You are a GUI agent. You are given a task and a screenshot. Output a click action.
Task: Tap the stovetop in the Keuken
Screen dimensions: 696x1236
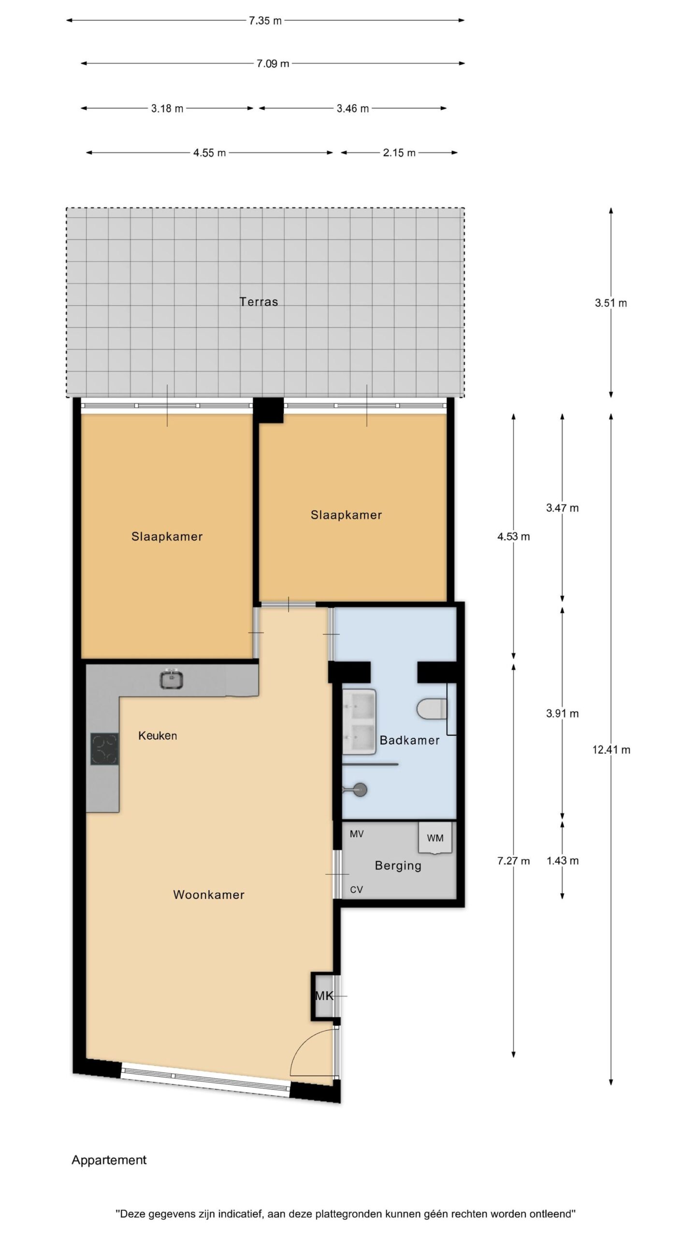point(104,749)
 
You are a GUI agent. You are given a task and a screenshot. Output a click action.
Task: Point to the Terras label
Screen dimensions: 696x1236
point(259,302)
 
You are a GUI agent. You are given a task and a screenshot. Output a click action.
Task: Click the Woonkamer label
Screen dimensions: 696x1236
point(209,895)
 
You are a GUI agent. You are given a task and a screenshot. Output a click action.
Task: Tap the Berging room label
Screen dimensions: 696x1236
point(398,866)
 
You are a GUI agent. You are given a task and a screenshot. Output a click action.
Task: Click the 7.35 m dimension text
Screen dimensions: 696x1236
point(265,21)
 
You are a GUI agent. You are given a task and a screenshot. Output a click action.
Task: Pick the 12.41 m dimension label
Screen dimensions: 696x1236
point(611,750)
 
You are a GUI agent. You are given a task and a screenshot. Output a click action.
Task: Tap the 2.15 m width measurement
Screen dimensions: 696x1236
point(399,153)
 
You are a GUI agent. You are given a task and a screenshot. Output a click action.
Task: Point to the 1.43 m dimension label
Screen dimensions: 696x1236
point(563,861)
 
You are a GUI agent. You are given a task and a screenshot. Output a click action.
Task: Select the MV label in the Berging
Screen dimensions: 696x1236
point(357,834)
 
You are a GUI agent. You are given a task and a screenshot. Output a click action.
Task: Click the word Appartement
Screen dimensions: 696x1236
point(109,1160)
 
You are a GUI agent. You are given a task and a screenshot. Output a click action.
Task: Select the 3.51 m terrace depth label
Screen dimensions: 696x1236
point(611,303)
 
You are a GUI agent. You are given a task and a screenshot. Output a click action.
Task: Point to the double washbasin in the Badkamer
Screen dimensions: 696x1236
point(360,721)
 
